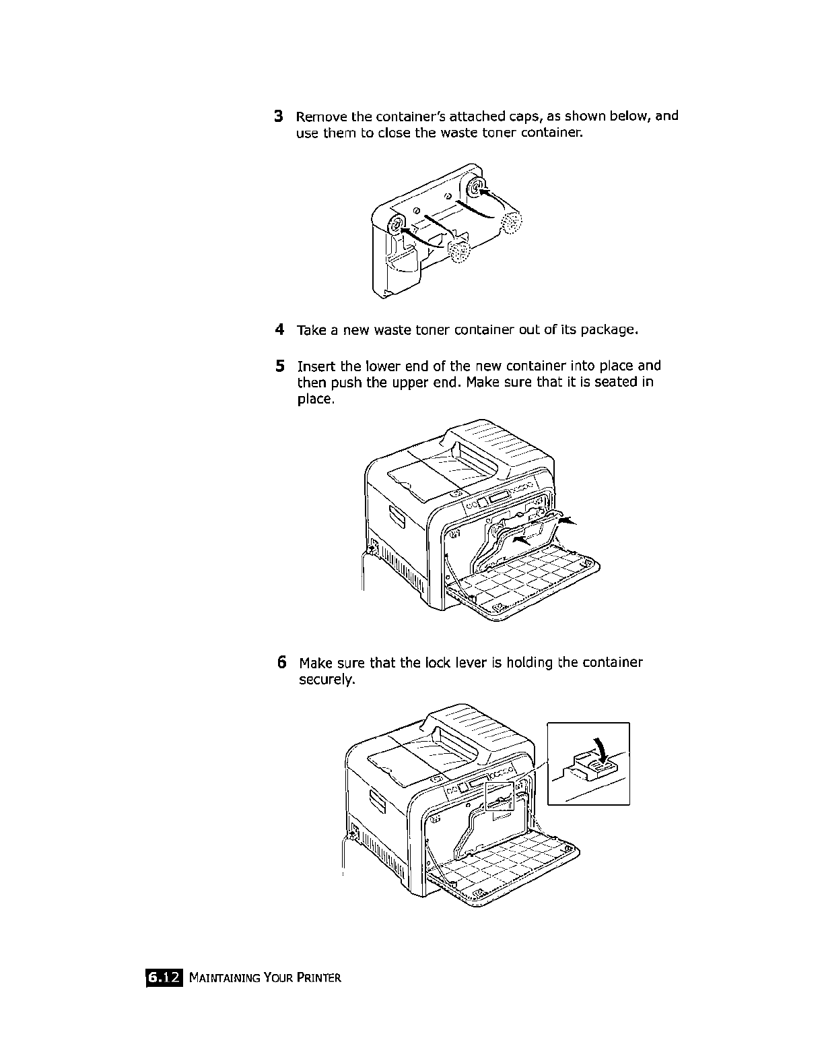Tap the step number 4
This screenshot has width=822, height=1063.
tap(279, 330)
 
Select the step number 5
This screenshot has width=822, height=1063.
tap(279, 366)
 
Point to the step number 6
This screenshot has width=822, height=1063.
tap(282, 662)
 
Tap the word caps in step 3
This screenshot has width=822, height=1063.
tap(536, 116)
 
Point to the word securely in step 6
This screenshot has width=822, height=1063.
tap(326, 680)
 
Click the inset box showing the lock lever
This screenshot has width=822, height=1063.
tap(588, 763)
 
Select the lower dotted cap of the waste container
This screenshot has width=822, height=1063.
tap(460, 253)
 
